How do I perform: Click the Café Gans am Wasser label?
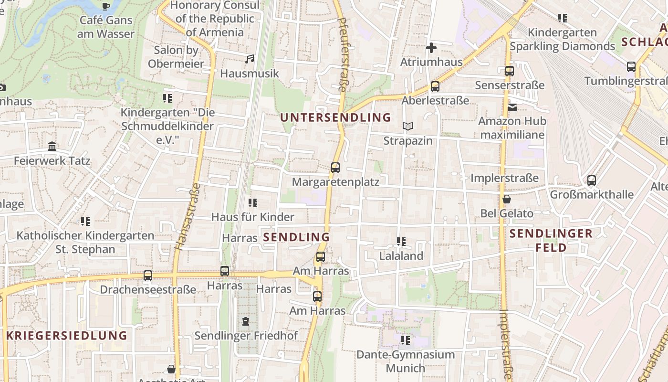point(106,27)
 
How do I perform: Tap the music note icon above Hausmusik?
point(249,59)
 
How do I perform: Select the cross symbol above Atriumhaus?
point(431,48)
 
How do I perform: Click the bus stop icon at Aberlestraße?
point(435,86)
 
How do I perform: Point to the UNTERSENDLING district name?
point(335,117)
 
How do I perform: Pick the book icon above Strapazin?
point(408,127)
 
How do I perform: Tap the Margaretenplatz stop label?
point(335,182)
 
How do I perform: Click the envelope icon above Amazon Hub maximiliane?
point(512,107)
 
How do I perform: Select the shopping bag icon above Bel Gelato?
point(507,199)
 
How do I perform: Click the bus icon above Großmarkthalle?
point(592,180)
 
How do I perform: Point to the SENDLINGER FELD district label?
point(551,241)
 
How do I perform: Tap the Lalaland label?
point(401,256)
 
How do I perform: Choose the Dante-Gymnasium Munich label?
point(406,361)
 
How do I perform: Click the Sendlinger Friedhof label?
point(246,336)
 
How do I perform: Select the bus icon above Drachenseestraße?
point(148,276)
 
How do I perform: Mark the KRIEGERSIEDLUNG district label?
point(67,335)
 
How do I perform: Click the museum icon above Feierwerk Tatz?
point(52,147)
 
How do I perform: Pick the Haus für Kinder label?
point(253,217)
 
